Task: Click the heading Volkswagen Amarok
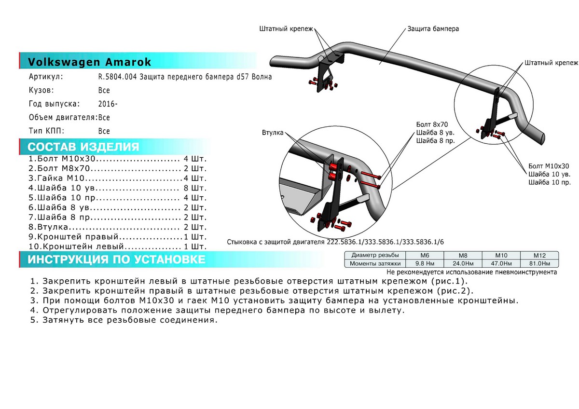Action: click(90, 62)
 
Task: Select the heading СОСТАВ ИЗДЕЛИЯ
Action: click(83, 147)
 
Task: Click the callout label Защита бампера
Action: click(433, 29)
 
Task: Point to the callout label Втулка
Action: click(273, 132)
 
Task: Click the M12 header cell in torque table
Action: click(539, 255)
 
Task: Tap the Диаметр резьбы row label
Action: click(375, 255)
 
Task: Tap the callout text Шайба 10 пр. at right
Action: click(550, 182)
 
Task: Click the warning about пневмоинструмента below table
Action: click(472, 272)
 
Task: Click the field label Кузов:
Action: click(41, 90)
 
